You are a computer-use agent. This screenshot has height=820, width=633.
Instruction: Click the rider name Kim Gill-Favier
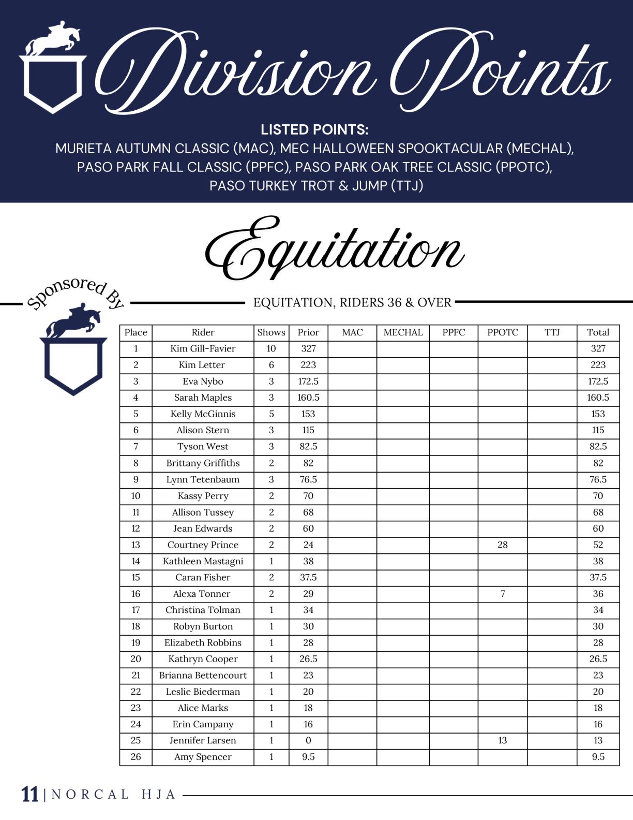203,348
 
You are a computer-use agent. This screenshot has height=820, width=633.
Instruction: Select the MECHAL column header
403,332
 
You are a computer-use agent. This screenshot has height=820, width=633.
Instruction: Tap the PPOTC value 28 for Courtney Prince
502,545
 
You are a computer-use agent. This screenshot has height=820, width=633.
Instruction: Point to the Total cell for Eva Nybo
598,381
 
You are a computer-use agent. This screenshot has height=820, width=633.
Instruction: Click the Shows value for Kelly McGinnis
271,414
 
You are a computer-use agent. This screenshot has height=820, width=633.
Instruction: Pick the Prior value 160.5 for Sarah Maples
308,398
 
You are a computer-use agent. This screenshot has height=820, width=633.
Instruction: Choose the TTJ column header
552,332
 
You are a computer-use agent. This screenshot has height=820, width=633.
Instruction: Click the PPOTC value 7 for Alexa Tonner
502,594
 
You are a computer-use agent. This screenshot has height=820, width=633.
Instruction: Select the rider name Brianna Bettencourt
203,675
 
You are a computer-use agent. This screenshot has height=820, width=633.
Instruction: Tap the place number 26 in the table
135,757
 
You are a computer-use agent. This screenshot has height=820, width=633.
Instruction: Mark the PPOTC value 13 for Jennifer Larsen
502,740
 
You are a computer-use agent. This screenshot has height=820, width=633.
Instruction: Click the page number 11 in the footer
30,794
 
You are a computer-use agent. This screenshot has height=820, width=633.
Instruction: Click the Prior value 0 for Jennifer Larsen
308,740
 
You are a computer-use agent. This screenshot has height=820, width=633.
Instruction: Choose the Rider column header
203,332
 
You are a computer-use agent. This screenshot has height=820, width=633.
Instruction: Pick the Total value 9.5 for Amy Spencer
598,757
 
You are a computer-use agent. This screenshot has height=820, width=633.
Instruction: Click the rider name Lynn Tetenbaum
203,479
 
